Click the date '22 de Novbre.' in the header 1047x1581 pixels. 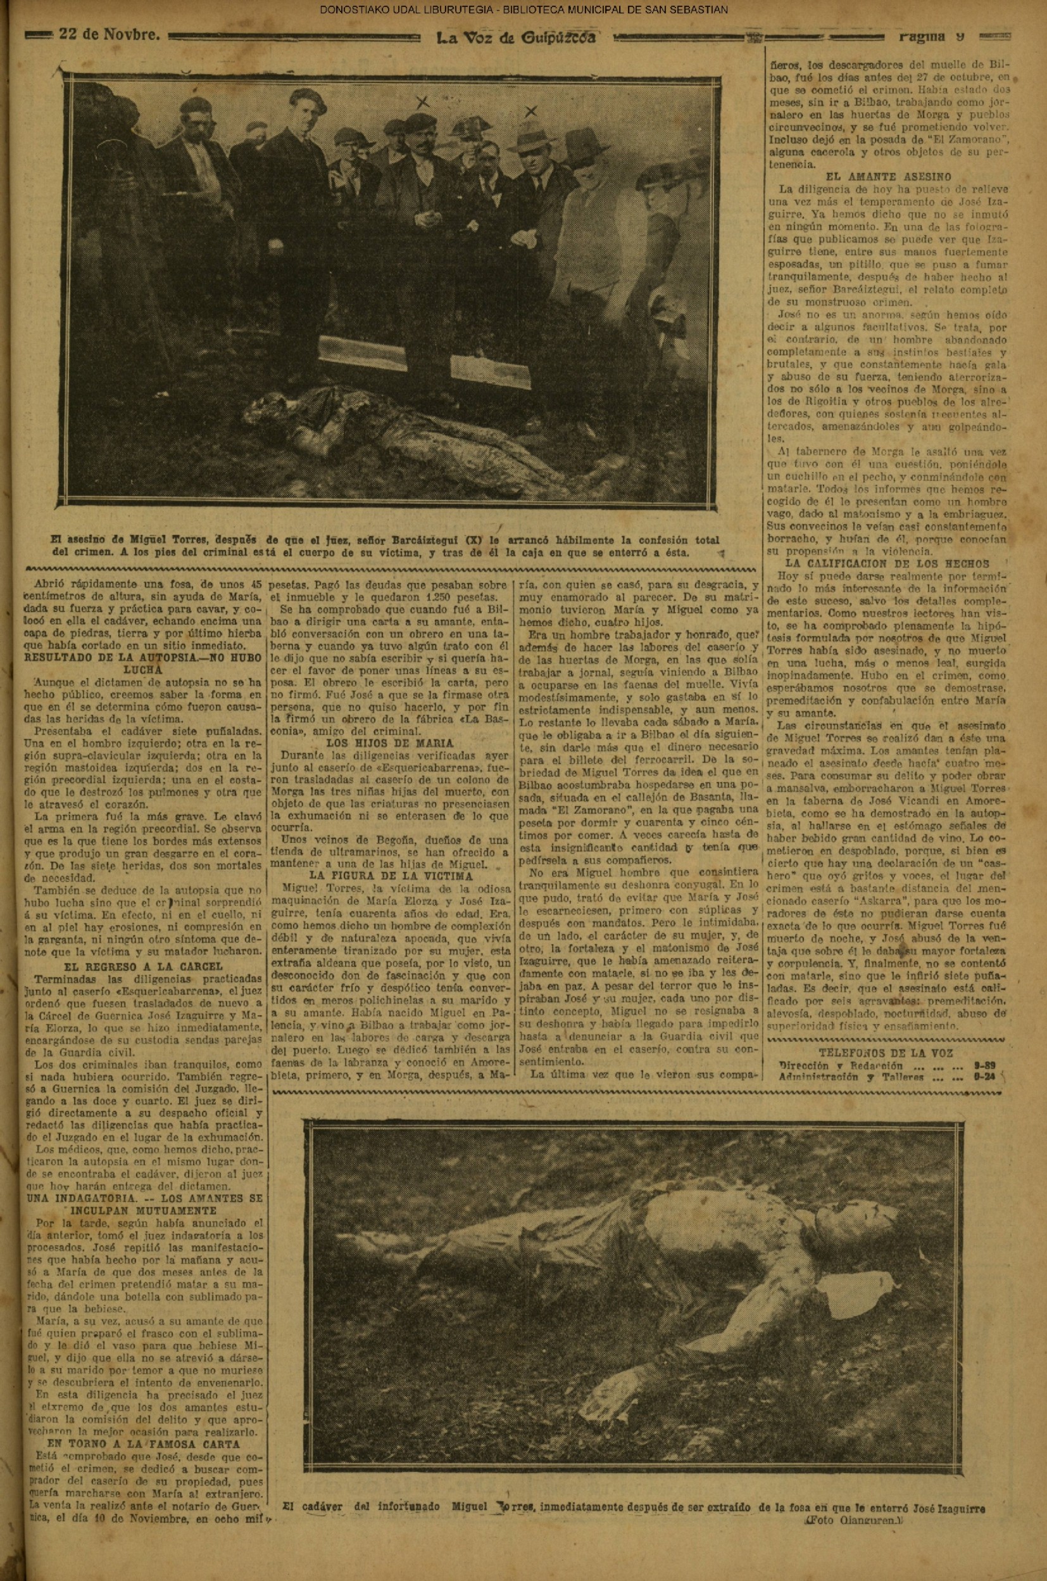coord(110,35)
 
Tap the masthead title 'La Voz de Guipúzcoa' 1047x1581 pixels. coord(515,37)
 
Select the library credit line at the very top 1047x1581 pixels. coord(523,10)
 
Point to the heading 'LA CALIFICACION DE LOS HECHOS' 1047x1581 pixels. coord(886,563)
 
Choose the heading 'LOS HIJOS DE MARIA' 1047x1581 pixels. coord(390,743)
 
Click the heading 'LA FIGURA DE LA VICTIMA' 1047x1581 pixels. coord(391,876)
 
